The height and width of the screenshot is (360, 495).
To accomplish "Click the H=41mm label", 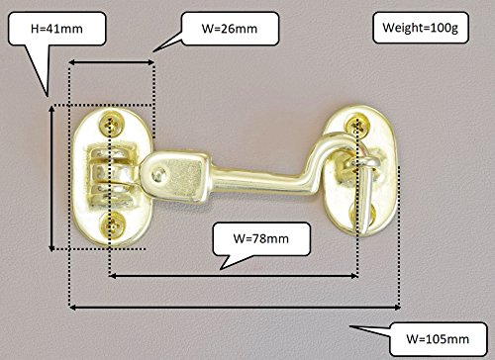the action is [56, 29].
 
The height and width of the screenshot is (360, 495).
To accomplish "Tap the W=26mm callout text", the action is [230, 29].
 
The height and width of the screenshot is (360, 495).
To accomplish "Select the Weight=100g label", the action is [421, 28].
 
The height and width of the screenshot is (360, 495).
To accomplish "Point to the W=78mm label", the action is [261, 238].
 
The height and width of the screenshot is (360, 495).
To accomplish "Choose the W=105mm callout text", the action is [438, 339].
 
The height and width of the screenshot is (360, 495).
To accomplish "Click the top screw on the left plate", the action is [113, 125].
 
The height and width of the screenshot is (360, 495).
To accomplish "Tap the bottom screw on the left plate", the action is [114, 225].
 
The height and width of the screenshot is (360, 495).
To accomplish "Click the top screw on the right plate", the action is [357, 125].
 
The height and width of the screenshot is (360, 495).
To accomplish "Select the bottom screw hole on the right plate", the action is [363, 215].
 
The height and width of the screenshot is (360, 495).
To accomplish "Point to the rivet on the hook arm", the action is [158, 174].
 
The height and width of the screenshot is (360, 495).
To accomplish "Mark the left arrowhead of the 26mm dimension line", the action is [72, 62].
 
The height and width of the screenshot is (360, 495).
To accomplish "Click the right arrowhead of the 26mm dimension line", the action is [150, 62].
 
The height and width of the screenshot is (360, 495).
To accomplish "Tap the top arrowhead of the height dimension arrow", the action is [51, 109].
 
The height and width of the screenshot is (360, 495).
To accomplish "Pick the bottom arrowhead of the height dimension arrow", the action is [51, 247].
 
